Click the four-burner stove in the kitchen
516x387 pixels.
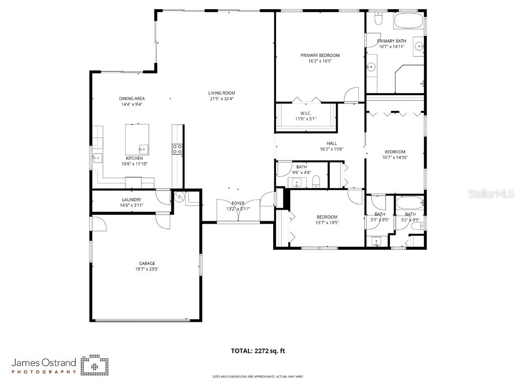(177, 149)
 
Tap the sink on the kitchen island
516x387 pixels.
(143, 149)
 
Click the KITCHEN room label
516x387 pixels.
(127, 158)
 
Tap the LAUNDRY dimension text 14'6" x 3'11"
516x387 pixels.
(131, 206)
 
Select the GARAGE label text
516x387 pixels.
(147, 263)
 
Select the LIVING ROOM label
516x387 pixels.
(222, 93)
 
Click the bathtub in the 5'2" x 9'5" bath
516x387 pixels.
(409, 204)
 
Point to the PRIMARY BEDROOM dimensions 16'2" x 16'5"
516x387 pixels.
(320, 61)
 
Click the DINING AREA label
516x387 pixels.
(132, 98)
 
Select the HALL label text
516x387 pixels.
(332, 143)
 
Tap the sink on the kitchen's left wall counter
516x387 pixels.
(96, 157)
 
